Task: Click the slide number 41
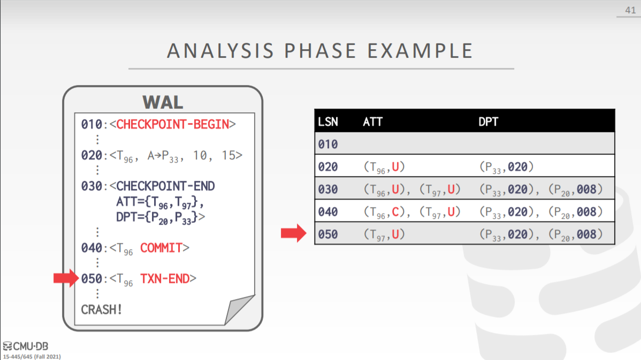(x=630, y=10)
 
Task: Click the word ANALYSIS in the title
(x=220, y=51)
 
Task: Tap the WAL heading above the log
(x=163, y=102)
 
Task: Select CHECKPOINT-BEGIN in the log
(x=172, y=124)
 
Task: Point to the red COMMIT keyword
(x=161, y=248)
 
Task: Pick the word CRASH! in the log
(x=101, y=310)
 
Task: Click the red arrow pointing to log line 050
(x=66, y=278)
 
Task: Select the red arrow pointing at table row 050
(x=294, y=233)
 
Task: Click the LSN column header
(x=328, y=122)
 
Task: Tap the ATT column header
(x=372, y=122)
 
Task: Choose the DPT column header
(x=488, y=122)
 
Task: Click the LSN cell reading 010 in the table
(x=328, y=144)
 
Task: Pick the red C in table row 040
(x=395, y=212)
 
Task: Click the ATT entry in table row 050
(x=384, y=234)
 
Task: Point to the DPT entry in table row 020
(x=507, y=167)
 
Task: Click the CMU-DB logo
(x=25, y=347)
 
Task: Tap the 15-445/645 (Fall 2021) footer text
(x=32, y=357)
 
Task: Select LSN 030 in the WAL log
(x=91, y=186)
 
